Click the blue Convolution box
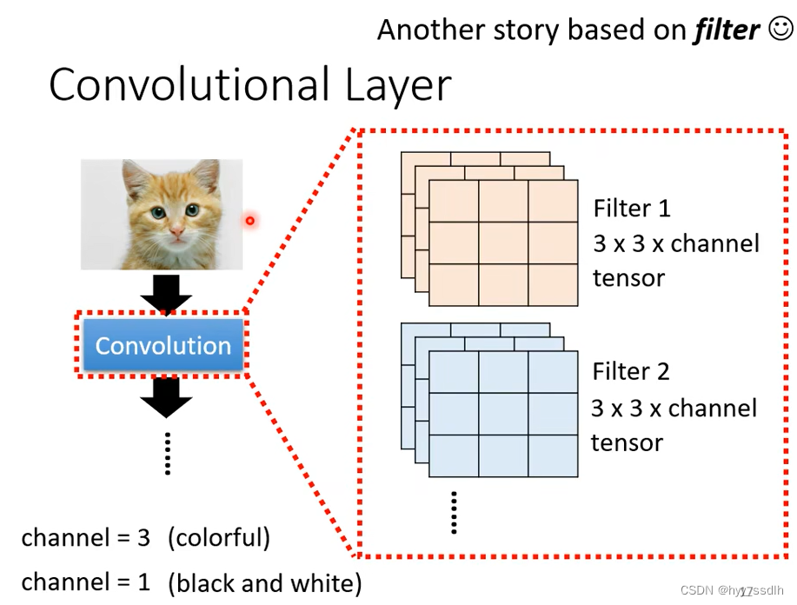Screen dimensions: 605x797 (x=163, y=345)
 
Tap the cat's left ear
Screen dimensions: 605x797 (x=136, y=178)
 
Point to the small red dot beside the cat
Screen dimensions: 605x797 (x=249, y=220)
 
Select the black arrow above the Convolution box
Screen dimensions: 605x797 (x=166, y=293)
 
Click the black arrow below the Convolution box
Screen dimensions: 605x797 (x=166, y=396)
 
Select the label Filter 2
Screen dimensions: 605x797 (x=631, y=372)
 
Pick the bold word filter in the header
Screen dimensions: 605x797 (x=727, y=30)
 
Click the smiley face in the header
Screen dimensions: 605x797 (x=780, y=30)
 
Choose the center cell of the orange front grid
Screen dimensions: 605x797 (x=503, y=243)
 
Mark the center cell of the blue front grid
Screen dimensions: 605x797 (x=503, y=414)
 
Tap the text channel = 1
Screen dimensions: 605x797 (x=86, y=581)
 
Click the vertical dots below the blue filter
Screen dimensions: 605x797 (x=454, y=512)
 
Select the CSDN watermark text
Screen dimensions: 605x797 (x=732, y=590)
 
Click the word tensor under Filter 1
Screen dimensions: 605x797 (x=628, y=278)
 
